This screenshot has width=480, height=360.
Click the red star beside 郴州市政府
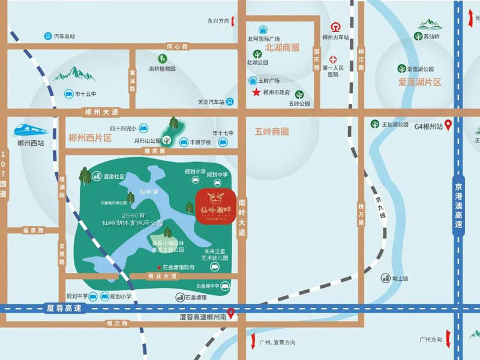pyautogui.click(x=256, y=92)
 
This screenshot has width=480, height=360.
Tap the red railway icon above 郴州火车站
pyautogui.click(x=335, y=26)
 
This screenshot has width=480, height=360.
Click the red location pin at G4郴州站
pyautogui.click(x=448, y=127)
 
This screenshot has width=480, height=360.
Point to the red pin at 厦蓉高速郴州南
pyautogui.click(x=230, y=313)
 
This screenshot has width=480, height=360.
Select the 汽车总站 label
pyautogui.click(x=64, y=37)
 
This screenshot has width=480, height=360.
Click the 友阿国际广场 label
pyautogui.click(x=265, y=40)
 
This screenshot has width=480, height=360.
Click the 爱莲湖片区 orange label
pyautogui.click(x=419, y=82)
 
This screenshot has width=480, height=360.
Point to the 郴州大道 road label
pyautogui.click(x=102, y=112)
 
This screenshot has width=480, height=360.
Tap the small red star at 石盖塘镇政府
pyautogui.click(x=159, y=267)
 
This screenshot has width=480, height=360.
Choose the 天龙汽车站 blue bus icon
pyautogui.click(x=229, y=102)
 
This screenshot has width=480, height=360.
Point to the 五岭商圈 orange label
pyautogui.click(x=272, y=131)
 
